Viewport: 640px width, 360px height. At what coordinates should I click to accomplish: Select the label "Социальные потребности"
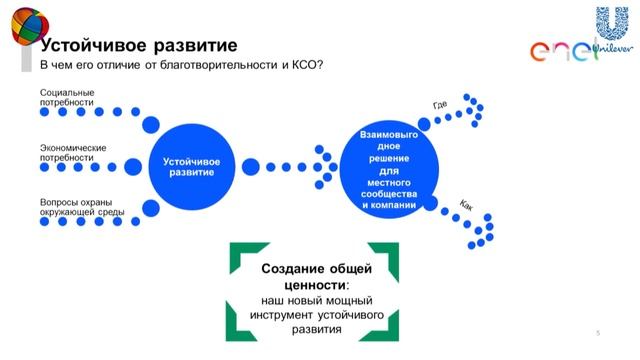pos(68,97)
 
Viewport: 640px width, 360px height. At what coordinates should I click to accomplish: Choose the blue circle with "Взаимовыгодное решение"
pos(393,166)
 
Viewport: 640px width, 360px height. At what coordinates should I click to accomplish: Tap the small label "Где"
pos(440,105)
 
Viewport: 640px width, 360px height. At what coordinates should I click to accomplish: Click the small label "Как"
pos(466,204)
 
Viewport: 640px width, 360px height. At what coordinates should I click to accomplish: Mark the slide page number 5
pos(597,332)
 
